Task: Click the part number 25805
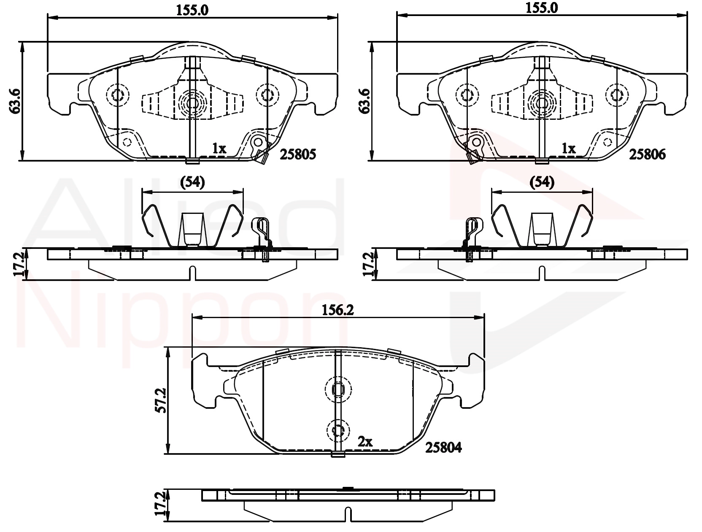coord(298,154)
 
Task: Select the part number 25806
coord(647,155)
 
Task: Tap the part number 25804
coord(443,448)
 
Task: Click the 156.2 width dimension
coord(338,310)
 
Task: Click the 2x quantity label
coord(365,442)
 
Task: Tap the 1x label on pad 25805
coord(219,149)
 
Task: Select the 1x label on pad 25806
coord(569,149)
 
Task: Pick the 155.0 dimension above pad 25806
coord(542,8)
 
